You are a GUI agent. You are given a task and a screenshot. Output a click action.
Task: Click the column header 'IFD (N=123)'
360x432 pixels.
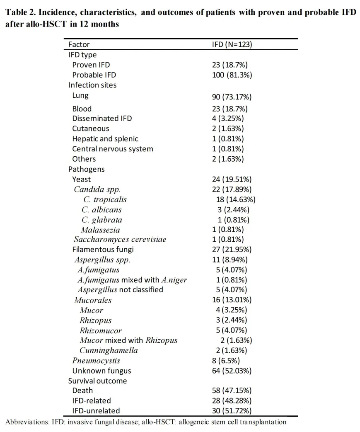click(232, 45)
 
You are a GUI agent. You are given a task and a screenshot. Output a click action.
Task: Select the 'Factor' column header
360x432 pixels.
click(79, 45)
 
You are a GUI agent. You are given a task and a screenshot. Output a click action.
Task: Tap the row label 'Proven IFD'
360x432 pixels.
click(91, 65)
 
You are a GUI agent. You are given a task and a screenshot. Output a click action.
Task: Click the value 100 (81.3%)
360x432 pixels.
click(232, 75)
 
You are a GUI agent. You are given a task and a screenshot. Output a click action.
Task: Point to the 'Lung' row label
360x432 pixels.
click(80, 95)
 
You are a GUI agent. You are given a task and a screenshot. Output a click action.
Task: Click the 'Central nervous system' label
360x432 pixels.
click(112, 149)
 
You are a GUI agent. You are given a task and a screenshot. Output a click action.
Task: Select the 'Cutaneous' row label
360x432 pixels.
click(90, 129)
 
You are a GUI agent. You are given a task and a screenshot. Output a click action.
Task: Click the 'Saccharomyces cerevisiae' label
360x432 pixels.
click(120, 240)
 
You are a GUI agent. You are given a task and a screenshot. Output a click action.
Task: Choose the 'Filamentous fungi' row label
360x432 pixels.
click(103, 250)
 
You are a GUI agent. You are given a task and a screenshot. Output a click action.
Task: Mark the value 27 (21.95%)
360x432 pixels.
click(232, 250)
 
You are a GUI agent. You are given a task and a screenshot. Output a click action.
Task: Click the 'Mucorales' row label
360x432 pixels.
click(93, 300)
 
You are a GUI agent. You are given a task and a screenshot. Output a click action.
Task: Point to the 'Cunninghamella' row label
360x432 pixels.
click(109, 350)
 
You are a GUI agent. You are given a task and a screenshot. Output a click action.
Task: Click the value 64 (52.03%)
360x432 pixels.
click(232, 371)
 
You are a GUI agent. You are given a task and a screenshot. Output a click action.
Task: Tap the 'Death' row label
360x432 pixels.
click(82, 391)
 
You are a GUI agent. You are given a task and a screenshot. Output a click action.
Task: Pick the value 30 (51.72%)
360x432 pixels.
click(232, 411)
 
